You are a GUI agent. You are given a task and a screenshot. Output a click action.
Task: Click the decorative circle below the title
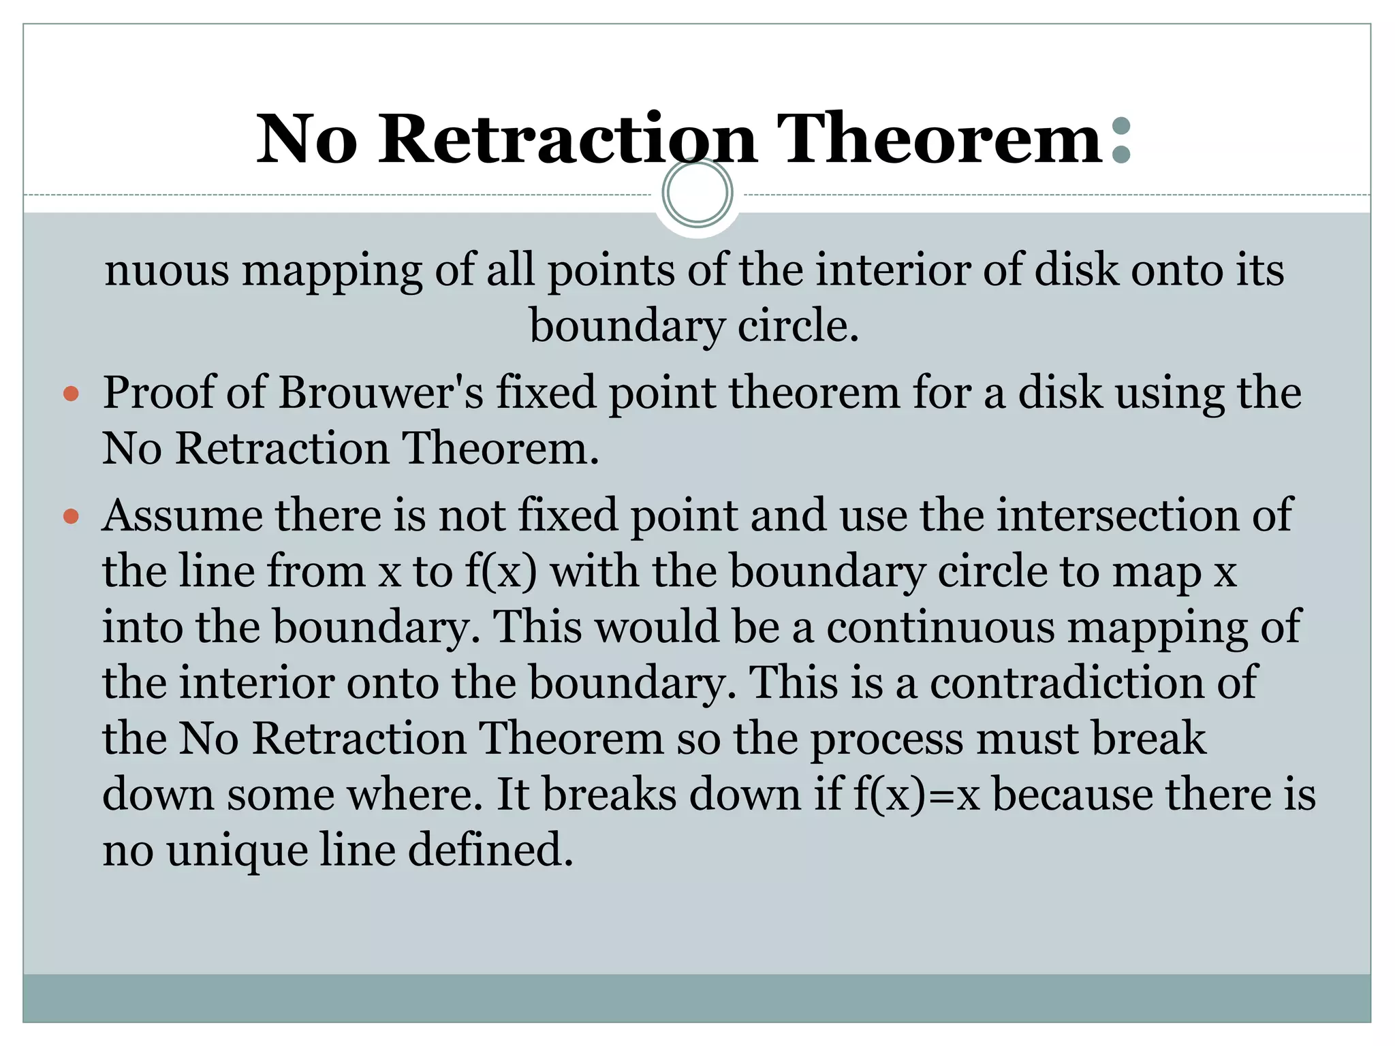pyautogui.click(x=697, y=193)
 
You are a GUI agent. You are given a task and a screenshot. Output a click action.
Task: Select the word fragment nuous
pyautogui.click(x=167, y=270)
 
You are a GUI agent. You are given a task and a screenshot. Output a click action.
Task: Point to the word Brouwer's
pyautogui.click(x=381, y=394)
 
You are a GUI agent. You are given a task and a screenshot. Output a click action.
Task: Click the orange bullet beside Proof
pyautogui.click(x=71, y=394)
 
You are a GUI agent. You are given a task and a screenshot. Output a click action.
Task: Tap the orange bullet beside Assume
pyautogui.click(x=71, y=516)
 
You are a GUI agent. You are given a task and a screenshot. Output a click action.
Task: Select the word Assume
pyautogui.click(x=182, y=516)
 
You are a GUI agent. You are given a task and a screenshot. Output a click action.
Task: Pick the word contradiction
pyautogui.click(x=1093, y=682)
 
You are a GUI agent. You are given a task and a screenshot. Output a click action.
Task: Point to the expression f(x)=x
pyautogui.click(x=916, y=795)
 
